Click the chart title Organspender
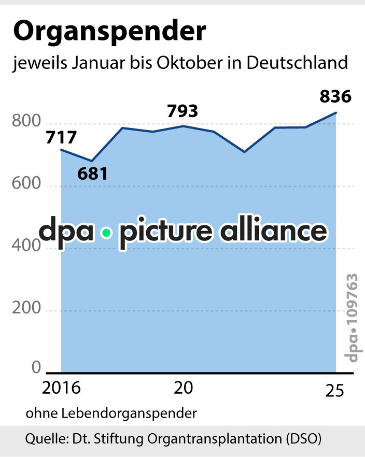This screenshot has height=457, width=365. (109, 33)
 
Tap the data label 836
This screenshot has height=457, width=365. (335, 96)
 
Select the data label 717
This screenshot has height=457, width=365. (61, 138)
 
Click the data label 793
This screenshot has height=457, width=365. (182, 111)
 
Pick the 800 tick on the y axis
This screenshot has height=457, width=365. (25, 123)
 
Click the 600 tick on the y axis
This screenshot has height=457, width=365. (25, 185)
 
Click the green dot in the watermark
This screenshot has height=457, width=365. (107, 233)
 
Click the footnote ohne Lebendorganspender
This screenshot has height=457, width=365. (111, 413)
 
